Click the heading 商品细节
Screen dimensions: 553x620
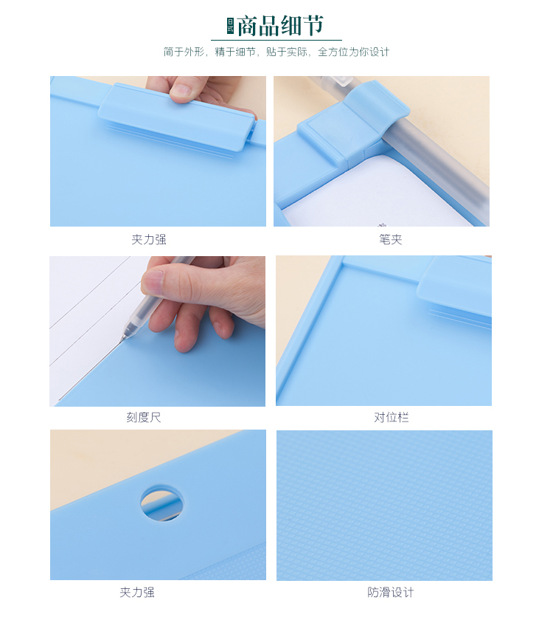pos(281,26)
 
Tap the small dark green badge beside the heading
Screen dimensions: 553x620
pos(230,26)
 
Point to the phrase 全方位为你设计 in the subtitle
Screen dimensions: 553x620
pos(353,52)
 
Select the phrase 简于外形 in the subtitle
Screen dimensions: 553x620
pos(184,52)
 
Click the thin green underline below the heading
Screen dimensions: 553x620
pos(276,40)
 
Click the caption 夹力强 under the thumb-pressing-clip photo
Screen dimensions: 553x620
pos(149,239)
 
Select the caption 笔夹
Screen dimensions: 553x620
pos(391,239)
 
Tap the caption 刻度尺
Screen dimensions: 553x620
pos(144,417)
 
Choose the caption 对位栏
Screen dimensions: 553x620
pos(392,417)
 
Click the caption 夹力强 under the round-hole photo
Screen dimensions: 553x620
pos(137,592)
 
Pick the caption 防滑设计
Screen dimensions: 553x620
pos(391,592)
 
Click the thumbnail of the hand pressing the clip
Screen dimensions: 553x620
pos(158,151)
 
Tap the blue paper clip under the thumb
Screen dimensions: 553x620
pos(177,119)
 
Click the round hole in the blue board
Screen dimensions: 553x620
pos(162,503)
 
